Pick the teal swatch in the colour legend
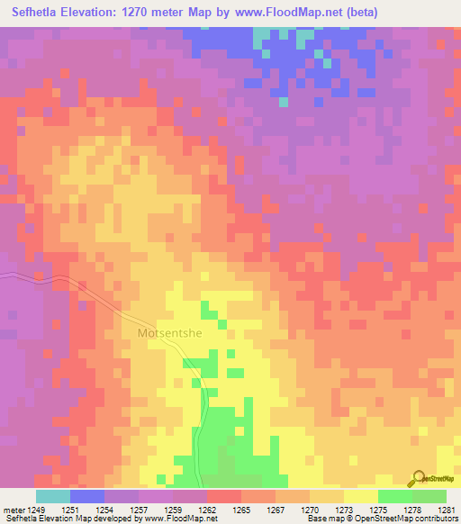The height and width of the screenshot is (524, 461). tap(53, 496)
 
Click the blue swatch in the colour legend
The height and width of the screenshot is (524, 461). tap(87, 496)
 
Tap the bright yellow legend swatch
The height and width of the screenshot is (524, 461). tap(361, 496)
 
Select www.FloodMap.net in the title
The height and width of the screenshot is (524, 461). tap(282, 12)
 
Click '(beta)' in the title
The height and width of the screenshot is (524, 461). tap(357, 12)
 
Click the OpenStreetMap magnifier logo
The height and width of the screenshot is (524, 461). tap(418, 479)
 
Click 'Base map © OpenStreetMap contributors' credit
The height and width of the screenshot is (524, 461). tap(380, 519)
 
